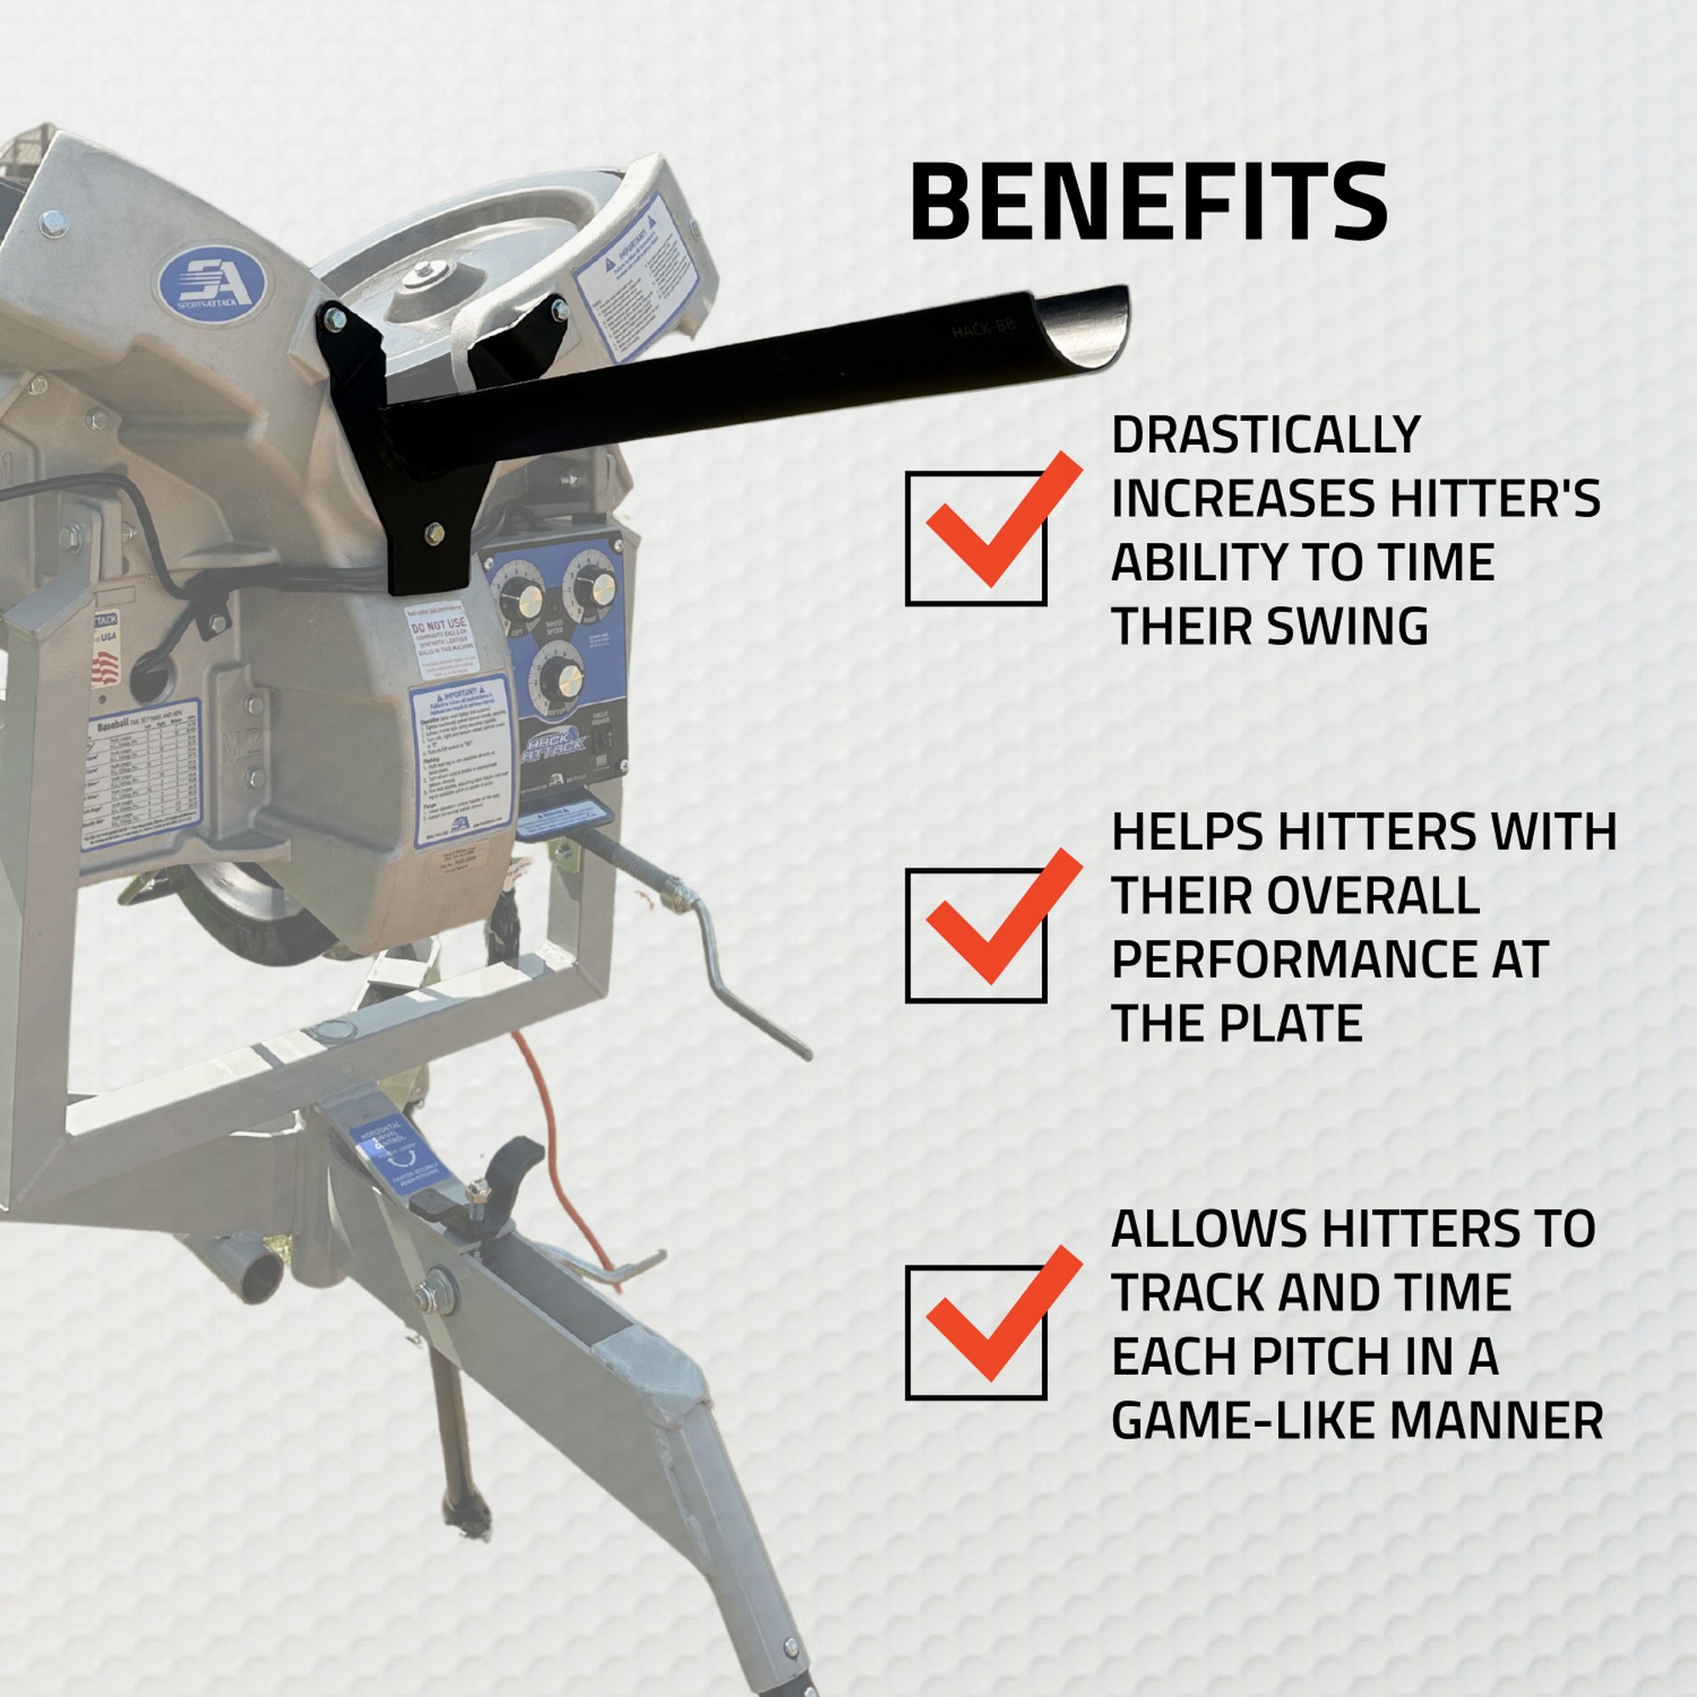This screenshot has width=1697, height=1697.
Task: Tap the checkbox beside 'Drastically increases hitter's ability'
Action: coord(975,538)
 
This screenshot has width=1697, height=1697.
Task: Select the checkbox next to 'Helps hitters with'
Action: coord(975,934)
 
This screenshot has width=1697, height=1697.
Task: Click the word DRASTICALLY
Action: coord(1266,434)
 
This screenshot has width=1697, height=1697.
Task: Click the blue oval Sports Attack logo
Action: coord(213,283)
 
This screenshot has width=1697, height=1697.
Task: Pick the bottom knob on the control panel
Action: coord(561,678)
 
